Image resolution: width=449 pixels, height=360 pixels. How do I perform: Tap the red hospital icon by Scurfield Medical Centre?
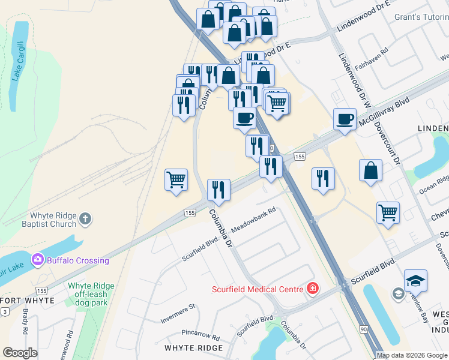(312, 289)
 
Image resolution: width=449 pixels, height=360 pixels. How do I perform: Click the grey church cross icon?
(85, 218)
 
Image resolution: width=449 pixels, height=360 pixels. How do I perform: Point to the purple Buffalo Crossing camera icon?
(38, 260)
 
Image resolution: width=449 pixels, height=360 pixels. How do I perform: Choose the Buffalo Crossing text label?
(79, 260)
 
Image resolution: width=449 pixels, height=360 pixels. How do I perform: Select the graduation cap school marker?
(415, 280)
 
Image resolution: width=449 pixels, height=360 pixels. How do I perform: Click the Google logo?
(20, 353)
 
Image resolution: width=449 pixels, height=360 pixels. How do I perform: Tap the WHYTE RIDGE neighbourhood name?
(193, 348)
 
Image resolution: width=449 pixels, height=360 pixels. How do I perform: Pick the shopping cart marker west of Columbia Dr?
(176, 179)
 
